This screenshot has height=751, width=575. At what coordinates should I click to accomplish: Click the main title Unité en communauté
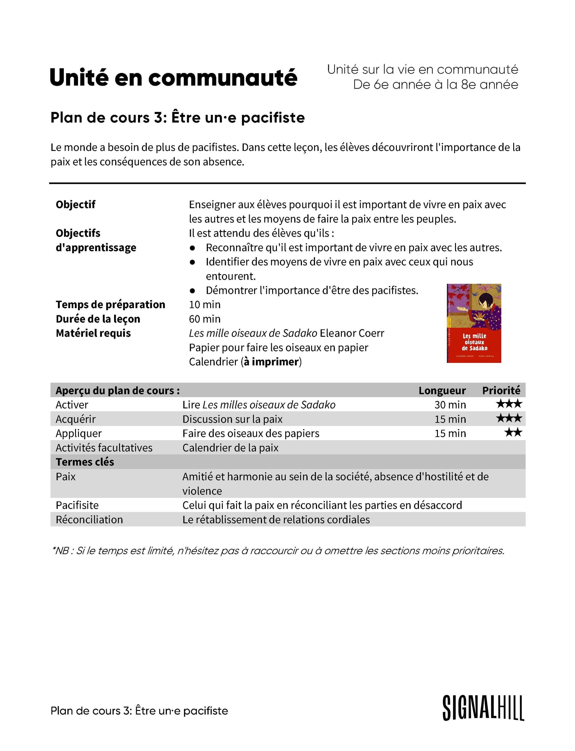(x=173, y=78)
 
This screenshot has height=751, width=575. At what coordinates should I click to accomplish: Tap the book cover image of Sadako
(x=474, y=323)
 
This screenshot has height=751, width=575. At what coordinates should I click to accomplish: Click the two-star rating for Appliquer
(x=513, y=432)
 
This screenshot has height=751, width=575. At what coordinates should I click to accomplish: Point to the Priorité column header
(x=501, y=390)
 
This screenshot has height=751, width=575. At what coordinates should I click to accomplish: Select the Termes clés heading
(x=85, y=462)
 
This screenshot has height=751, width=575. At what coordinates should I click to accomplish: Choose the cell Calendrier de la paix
(x=230, y=447)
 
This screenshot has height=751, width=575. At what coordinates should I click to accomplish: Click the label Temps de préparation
(x=110, y=304)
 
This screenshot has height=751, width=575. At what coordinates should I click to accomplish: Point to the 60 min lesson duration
(x=205, y=319)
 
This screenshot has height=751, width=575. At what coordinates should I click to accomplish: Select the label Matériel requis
(x=93, y=333)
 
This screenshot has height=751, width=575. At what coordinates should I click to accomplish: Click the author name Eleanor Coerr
(x=352, y=333)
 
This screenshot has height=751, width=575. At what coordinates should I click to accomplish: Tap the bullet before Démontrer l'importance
(x=192, y=291)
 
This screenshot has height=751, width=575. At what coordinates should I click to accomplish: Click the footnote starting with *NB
(x=278, y=551)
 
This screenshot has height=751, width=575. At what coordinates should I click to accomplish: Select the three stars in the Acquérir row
(x=509, y=418)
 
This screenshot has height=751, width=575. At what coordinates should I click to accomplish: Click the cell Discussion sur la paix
(x=233, y=419)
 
